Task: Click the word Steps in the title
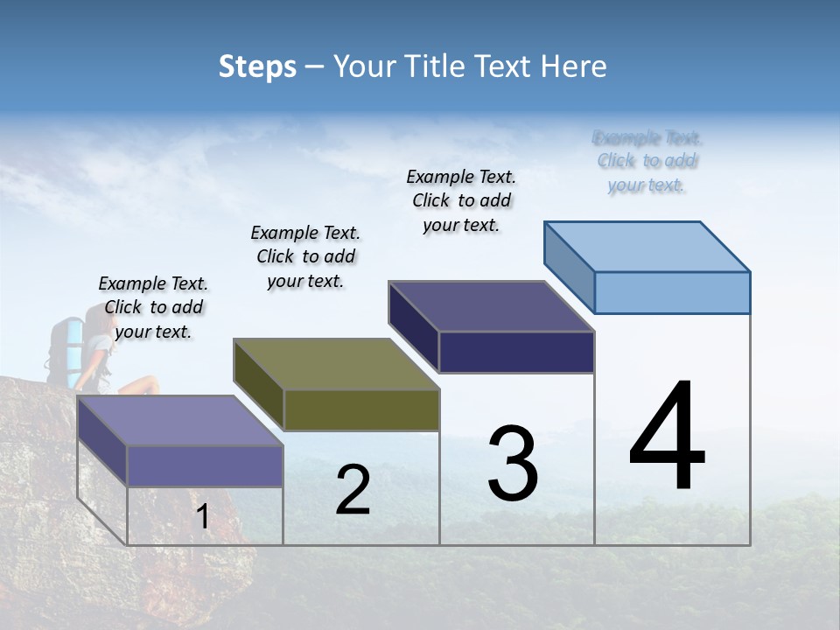257,66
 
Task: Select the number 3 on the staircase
513,464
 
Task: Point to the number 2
353,490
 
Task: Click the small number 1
202,517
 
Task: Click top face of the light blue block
647,246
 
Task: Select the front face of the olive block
361,409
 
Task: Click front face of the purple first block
206,465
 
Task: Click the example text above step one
153,307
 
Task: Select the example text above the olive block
305,256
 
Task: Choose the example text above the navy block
461,200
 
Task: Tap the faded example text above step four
647,161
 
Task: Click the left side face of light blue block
569,266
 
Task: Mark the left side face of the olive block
259,385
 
